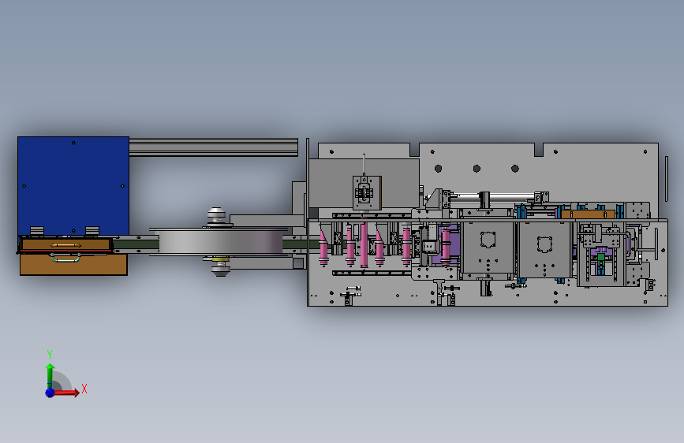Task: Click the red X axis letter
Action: (x=84, y=389)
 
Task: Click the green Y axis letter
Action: (x=50, y=354)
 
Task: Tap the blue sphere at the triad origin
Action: (x=50, y=393)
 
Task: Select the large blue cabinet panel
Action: (x=73, y=186)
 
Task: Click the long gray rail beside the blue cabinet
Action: (x=213, y=147)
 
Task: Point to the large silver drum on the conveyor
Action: (x=220, y=241)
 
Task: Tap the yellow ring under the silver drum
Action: (x=221, y=259)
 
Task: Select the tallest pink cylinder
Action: (x=364, y=244)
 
